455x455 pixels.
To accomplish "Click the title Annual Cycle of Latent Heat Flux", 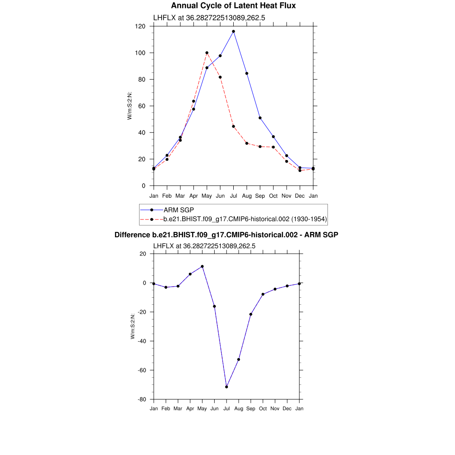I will [x=233, y=6].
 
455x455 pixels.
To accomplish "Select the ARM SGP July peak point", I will [x=233, y=32].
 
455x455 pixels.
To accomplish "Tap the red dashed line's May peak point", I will [x=207, y=53].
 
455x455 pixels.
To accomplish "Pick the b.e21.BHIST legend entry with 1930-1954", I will [x=245, y=219].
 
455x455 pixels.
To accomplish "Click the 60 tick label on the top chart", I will [x=142, y=106].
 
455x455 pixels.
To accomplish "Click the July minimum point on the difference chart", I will [x=227, y=387].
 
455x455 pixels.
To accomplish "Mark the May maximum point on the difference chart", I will [x=202, y=267].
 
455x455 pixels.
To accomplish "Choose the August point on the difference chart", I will [x=239, y=359].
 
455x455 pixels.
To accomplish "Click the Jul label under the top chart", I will [x=233, y=196].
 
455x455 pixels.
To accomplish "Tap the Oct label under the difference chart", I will [x=263, y=408].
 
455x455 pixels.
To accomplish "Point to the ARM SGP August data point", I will [x=247, y=73].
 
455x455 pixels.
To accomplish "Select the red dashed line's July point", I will [x=233, y=126].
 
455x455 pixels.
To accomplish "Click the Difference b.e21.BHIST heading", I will [x=226, y=234].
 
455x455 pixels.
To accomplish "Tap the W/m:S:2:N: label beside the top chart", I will [x=130, y=105].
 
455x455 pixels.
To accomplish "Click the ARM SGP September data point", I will [x=260, y=118].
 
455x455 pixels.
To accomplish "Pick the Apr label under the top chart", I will [x=193, y=196].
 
